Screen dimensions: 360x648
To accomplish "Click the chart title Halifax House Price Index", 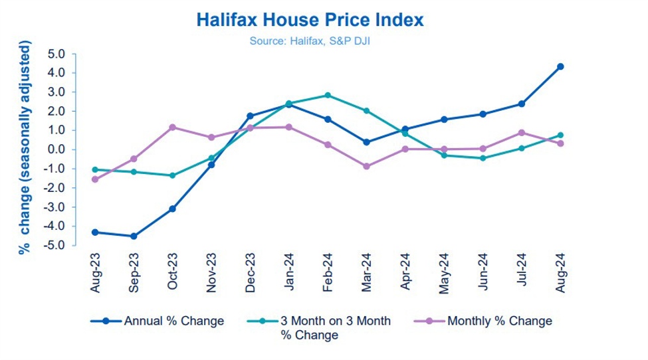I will (x=310, y=20).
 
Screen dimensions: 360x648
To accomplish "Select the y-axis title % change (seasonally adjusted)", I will (x=25, y=147).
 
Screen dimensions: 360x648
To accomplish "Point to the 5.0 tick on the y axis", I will (x=64, y=54).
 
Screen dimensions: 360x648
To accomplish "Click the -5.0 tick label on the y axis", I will (x=62, y=246).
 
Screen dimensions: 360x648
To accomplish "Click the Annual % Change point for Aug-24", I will (x=560, y=66).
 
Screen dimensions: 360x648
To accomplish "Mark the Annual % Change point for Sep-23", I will (x=134, y=236).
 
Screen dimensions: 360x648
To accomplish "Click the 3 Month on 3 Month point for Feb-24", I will (x=328, y=95).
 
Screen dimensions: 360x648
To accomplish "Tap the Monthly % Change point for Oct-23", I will (x=172, y=127).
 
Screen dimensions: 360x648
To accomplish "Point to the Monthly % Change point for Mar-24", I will (x=366, y=166).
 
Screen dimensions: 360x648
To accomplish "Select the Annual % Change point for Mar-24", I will (x=366, y=142).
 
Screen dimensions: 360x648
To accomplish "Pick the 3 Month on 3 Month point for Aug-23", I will (x=95, y=169).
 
